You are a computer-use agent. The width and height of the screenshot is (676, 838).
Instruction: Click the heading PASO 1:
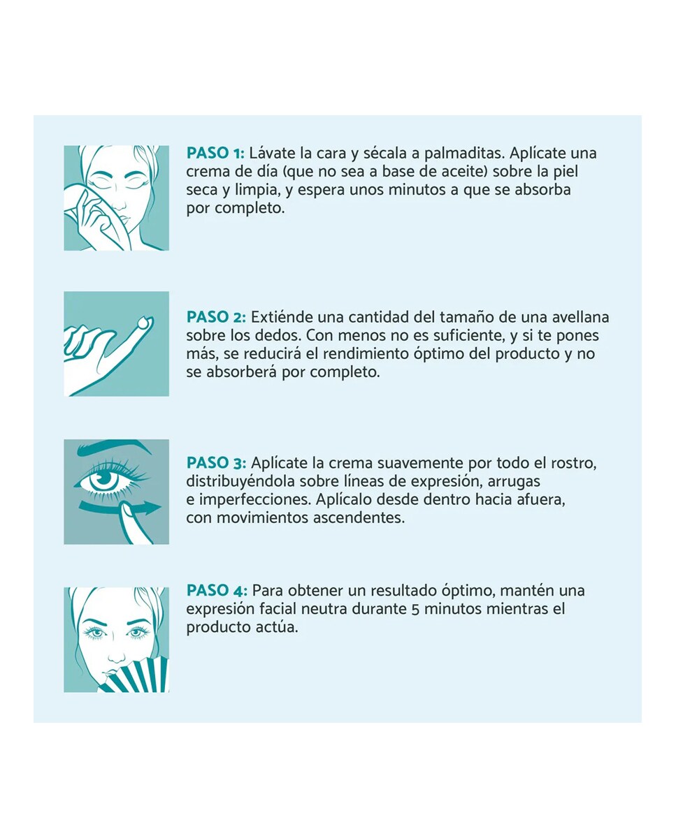215,154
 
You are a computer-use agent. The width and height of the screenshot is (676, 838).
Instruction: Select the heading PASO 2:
215,318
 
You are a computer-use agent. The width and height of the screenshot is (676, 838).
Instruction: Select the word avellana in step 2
580,318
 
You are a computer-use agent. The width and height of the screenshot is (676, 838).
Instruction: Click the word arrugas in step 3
517,482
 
